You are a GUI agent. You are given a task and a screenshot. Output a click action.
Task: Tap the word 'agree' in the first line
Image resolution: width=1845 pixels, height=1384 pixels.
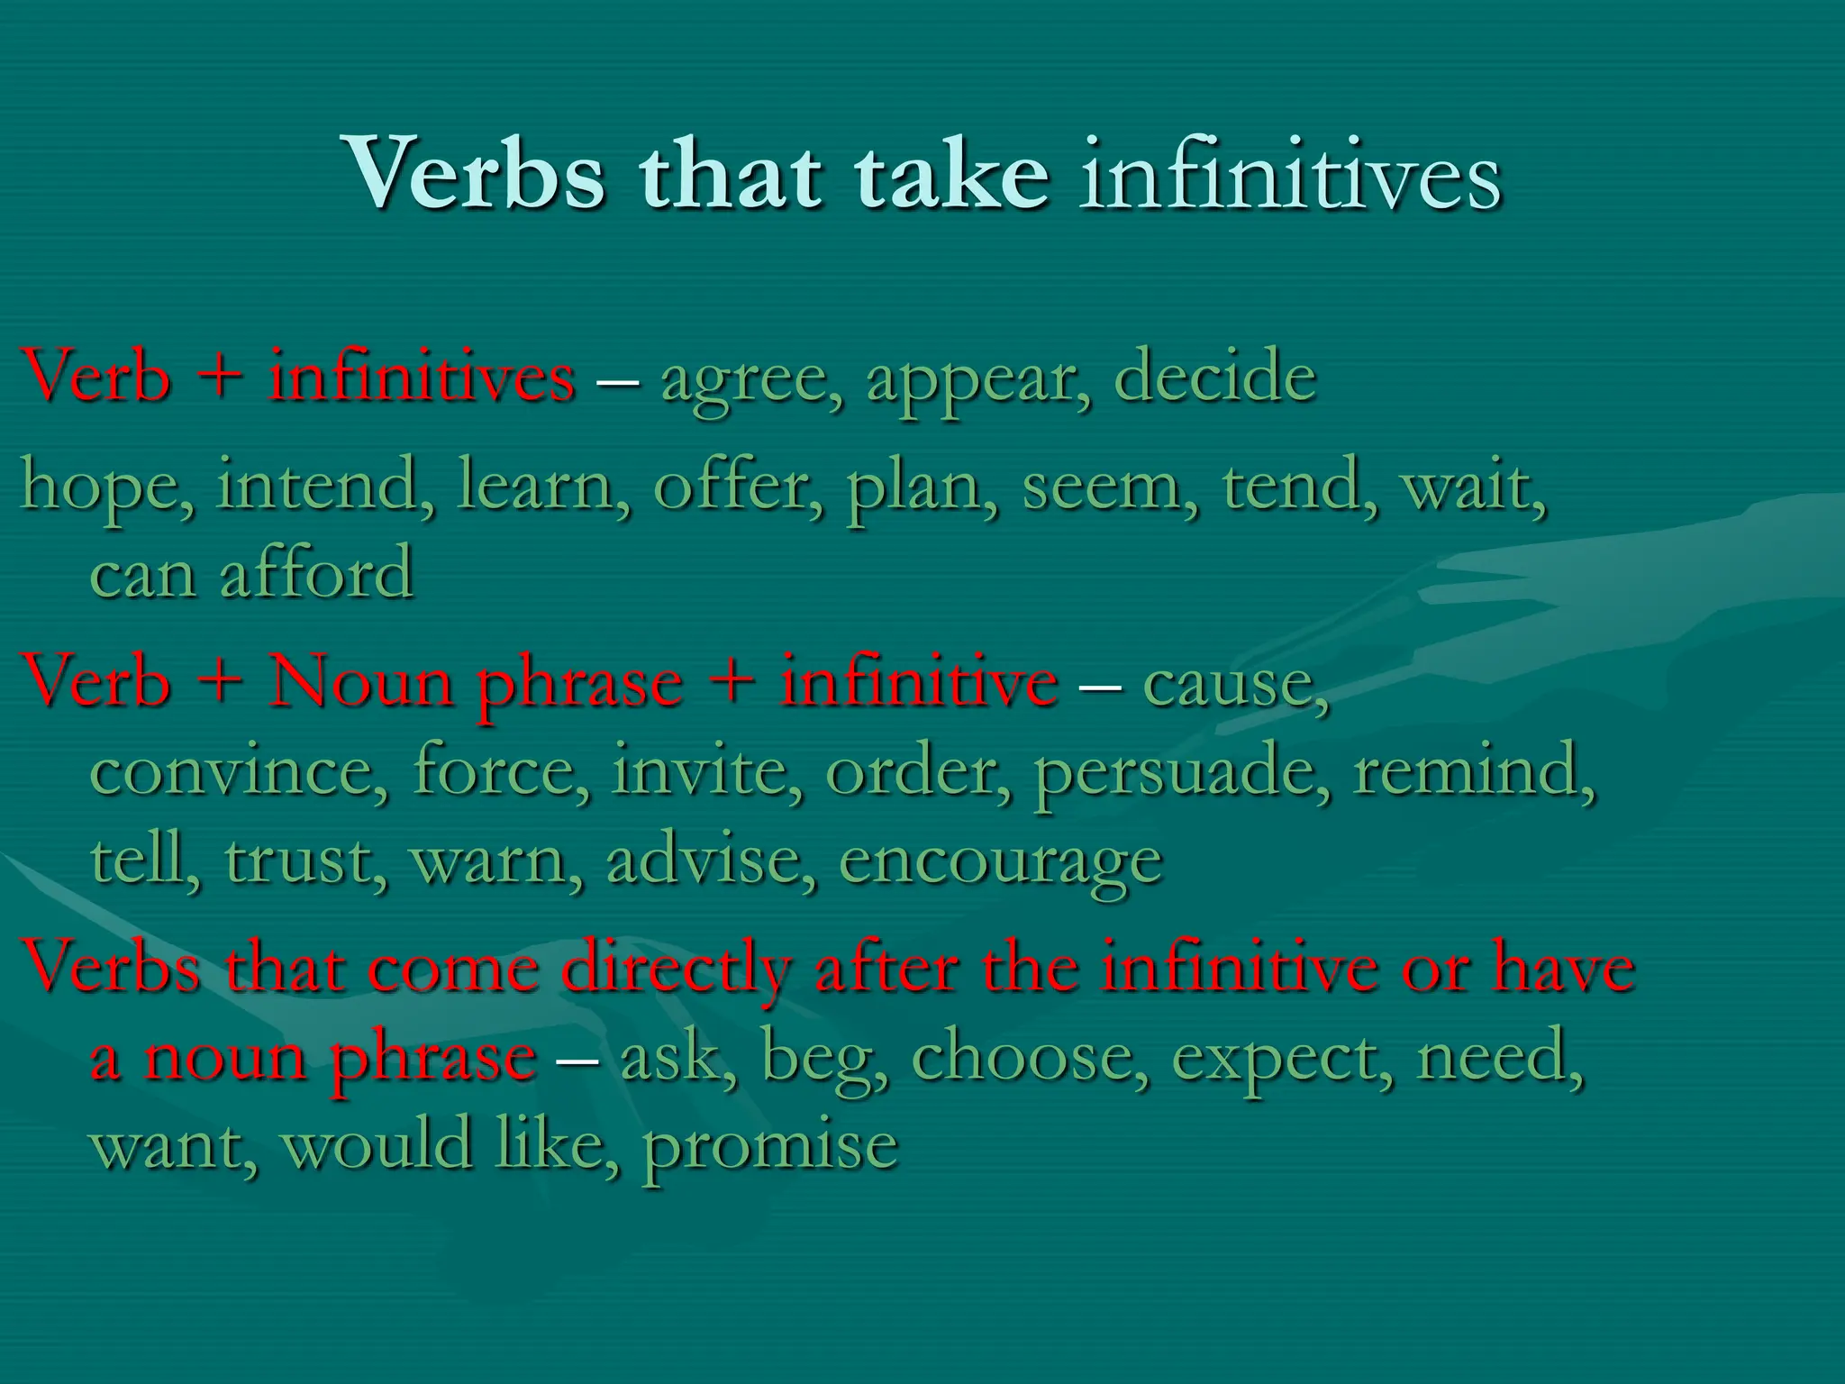click(750, 378)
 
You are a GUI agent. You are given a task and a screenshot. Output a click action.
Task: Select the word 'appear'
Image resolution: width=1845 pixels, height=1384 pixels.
click(977, 378)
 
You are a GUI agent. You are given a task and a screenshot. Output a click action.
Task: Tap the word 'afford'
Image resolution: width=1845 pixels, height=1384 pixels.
click(316, 573)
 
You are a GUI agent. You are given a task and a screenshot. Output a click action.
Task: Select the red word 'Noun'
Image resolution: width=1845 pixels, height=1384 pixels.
click(361, 682)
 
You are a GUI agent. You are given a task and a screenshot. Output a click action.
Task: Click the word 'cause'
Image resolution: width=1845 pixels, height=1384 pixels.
click(1234, 682)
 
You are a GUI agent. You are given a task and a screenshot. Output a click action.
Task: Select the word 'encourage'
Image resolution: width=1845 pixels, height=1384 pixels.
click(1000, 861)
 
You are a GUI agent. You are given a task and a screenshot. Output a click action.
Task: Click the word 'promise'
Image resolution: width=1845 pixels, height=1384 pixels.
click(770, 1146)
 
